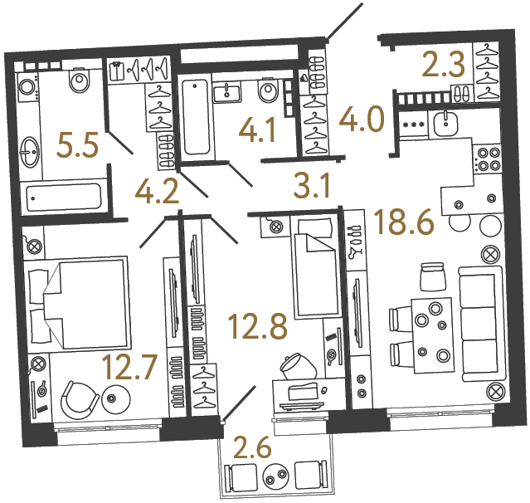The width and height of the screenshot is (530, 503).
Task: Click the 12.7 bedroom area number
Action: (128, 365)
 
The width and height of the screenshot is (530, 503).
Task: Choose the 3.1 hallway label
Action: (313, 183)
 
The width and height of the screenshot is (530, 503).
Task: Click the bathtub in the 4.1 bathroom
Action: (196, 117)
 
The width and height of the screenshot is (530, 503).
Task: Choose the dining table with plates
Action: (433, 331)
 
